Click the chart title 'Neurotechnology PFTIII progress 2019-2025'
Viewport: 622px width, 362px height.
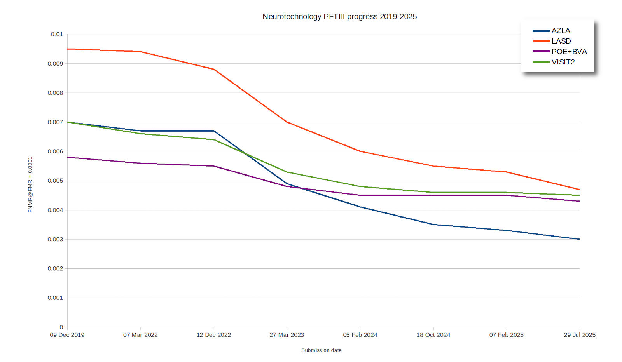339,17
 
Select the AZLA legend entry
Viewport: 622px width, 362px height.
561,31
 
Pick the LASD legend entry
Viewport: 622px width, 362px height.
561,41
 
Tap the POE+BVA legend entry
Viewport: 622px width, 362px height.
569,52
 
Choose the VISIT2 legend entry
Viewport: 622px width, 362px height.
563,62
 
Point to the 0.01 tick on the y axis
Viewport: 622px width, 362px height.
57,34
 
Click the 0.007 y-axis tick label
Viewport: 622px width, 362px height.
55,122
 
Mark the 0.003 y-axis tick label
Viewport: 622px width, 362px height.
55,239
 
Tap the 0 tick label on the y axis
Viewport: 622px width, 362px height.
61,327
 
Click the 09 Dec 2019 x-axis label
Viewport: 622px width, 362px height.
67,335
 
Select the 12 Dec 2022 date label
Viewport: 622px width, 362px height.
213,335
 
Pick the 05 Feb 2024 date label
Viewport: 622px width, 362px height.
360,335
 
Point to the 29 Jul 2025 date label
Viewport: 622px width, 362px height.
579,335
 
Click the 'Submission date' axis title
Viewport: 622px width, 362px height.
321,350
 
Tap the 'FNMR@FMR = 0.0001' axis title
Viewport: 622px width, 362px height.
30,185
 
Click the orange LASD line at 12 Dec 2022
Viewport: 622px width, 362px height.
214,69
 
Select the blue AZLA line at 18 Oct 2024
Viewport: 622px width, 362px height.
433,225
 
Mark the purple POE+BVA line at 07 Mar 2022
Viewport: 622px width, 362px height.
140,163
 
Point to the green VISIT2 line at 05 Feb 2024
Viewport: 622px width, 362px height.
360,186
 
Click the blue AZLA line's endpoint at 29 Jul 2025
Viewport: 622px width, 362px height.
579,239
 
